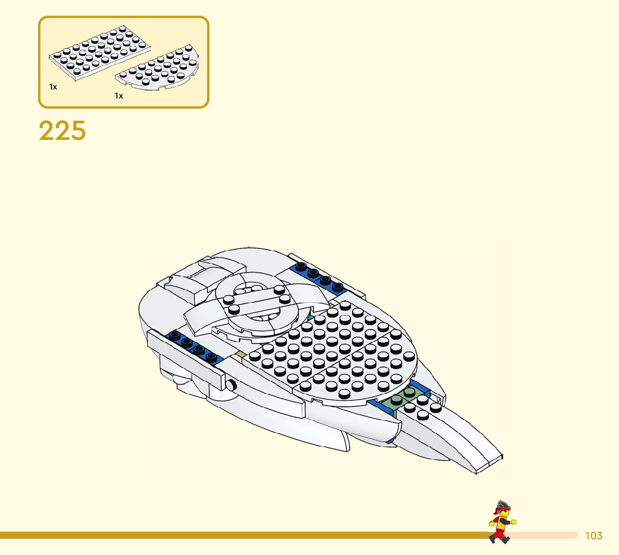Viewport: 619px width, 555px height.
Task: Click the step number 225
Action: click(x=62, y=131)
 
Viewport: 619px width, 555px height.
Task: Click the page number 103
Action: click(x=593, y=536)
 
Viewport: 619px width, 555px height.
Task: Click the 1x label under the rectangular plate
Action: click(x=53, y=87)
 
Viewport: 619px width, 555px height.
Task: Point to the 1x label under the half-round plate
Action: click(x=119, y=96)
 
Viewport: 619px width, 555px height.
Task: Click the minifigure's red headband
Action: click(x=500, y=510)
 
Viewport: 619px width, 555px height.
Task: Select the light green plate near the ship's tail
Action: click(x=398, y=401)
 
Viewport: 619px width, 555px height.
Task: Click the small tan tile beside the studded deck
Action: click(x=241, y=354)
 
